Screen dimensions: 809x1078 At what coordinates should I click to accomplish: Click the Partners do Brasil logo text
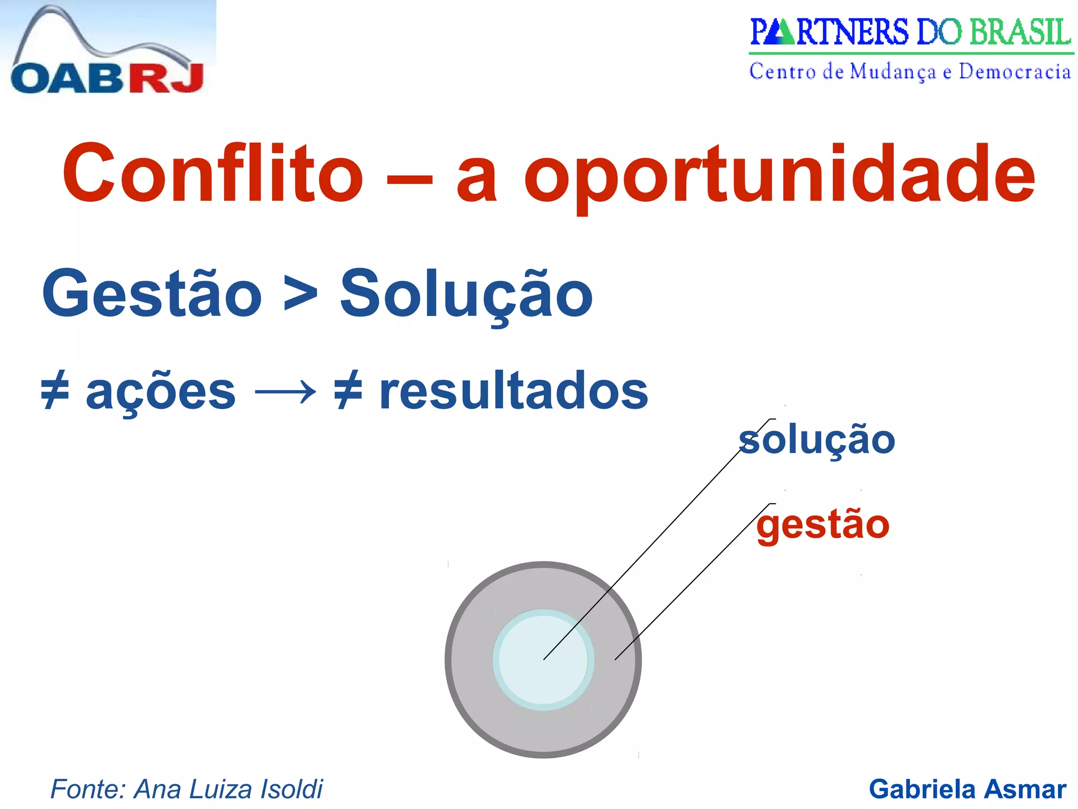(910, 33)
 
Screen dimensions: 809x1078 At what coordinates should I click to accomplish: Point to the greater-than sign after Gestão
(301, 295)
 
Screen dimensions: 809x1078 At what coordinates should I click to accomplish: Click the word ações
(161, 392)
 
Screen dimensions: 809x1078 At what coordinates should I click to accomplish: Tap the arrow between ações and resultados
(285, 392)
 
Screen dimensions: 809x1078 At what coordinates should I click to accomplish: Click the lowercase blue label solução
(816, 440)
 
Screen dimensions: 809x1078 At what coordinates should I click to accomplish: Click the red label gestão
(823, 525)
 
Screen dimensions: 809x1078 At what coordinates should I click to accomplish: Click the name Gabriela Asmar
(967, 789)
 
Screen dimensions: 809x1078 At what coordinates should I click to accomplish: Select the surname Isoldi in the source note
(292, 789)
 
